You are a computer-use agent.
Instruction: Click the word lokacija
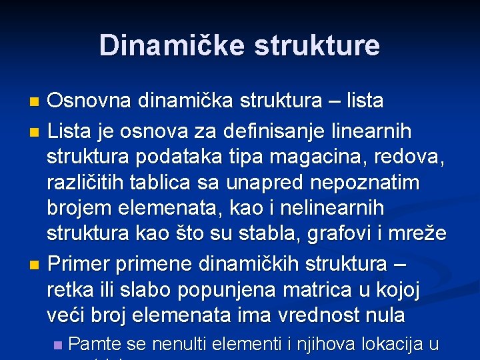pyautogui.click(x=393, y=345)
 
